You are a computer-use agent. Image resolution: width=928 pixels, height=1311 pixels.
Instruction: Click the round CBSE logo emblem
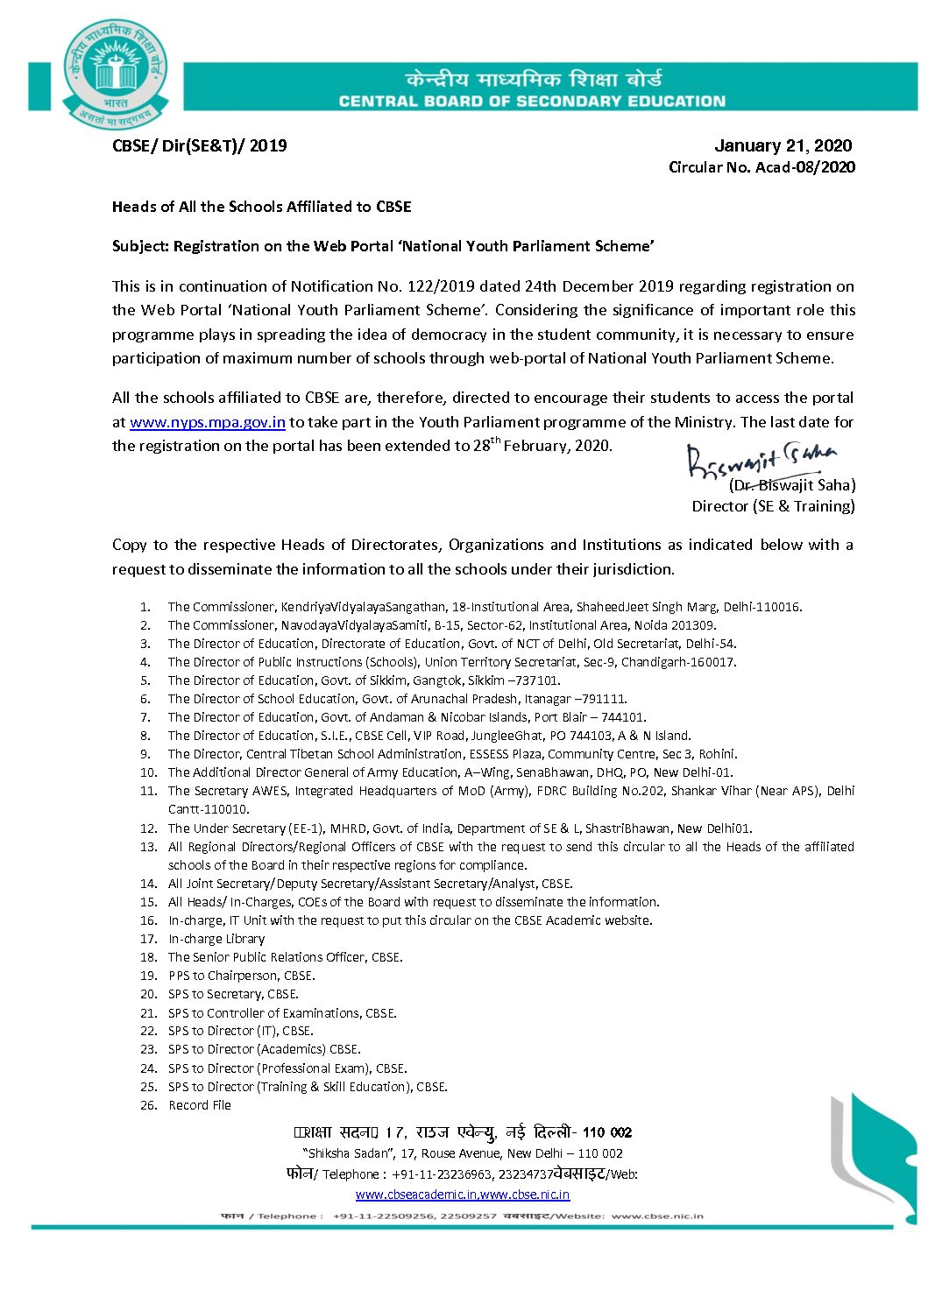pyautogui.click(x=115, y=75)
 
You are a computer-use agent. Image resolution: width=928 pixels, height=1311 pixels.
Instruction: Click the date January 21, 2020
pyautogui.click(x=783, y=145)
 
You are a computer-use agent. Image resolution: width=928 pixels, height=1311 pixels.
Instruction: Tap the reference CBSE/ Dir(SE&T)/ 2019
pyautogui.click(x=200, y=145)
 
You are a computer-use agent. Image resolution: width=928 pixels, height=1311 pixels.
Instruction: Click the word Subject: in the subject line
pyautogui.click(x=140, y=246)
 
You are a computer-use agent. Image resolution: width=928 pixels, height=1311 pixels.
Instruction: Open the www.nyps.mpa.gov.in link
pyautogui.click(x=208, y=422)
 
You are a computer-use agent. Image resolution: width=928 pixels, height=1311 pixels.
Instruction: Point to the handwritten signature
pyautogui.click(x=759, y=460)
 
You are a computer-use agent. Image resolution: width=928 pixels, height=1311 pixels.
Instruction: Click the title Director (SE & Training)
pyautogui.click(x=773, y=506)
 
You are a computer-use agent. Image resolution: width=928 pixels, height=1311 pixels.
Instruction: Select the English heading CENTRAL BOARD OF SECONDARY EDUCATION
pyautogui.click(x=532, y=102)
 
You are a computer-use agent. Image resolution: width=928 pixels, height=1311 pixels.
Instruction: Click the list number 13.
pyautogui.click(x=149, y=847)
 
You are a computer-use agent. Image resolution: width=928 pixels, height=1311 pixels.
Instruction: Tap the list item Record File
pyautogui.click(x=200, y=1105)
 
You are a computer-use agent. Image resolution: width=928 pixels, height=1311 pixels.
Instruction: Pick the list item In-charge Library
pyautogui.click(x=216, y=939)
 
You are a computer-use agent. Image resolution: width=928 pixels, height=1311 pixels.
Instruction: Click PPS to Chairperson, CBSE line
pyautogui.click(x=241, y=976)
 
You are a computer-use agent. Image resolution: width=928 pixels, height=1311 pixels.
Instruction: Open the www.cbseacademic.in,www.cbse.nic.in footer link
pyautogui.click(x=463, y=1195)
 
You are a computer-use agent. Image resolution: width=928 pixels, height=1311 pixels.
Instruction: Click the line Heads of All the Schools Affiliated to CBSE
pyautogui.click(x=262, y=207)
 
